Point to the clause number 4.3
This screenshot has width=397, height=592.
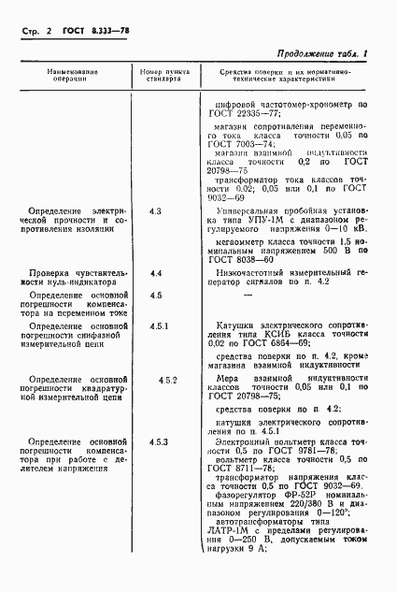155,213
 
